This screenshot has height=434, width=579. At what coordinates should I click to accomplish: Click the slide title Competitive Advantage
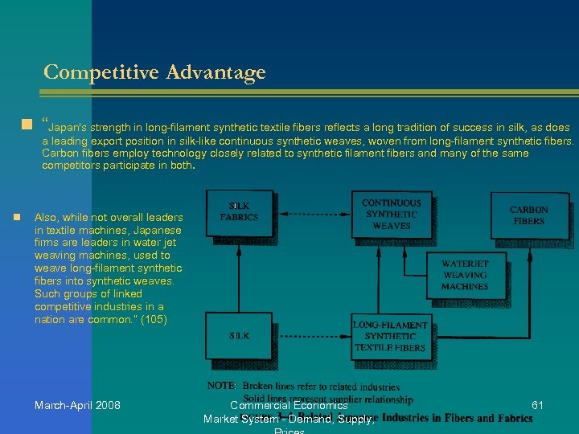[154, 72]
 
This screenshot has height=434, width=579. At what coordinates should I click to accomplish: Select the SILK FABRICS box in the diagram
[239, 212]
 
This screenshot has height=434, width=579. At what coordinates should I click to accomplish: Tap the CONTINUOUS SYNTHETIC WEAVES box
[391, 215]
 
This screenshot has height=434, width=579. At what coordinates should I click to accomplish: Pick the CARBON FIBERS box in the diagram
[528, 215]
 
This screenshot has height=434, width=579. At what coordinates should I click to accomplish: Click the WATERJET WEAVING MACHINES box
[464, 275]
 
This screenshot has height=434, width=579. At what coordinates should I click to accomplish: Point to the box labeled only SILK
[239, 336]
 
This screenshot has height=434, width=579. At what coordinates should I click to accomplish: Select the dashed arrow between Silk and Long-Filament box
[312, 337]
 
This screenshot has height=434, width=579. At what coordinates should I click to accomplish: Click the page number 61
[537, 405]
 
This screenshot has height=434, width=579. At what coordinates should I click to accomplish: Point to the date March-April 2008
[77, 405]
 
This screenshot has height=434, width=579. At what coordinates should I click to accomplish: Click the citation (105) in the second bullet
[154, 320]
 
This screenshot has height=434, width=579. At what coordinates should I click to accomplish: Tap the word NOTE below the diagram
[222, 387]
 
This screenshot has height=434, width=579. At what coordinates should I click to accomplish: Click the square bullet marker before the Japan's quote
[27, 125]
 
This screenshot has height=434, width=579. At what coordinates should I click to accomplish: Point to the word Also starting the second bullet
[46, 218]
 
